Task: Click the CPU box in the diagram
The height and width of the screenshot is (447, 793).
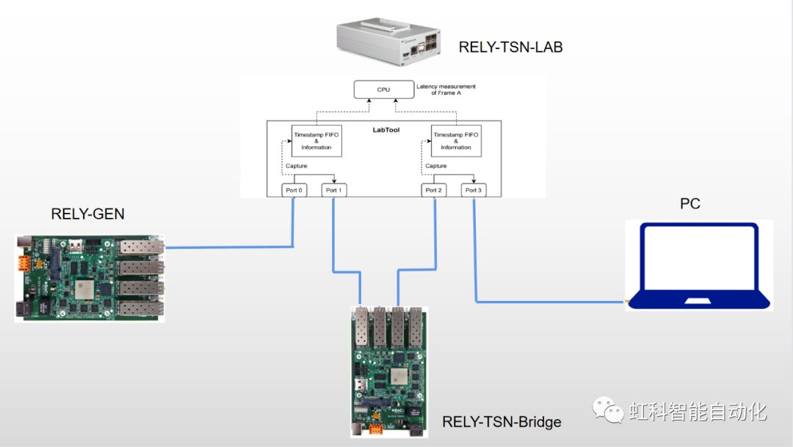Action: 384,90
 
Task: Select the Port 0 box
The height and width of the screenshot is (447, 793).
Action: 294,190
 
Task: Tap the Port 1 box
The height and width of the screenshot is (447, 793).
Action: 333,190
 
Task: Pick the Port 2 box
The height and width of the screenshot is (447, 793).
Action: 435,190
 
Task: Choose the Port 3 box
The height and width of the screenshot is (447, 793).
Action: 474,190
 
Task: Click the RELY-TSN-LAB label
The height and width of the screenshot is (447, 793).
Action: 510,48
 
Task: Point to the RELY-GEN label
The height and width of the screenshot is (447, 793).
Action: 87,214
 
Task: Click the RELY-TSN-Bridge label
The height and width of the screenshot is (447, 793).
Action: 501,422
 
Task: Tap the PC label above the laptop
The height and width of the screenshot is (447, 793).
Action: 689,203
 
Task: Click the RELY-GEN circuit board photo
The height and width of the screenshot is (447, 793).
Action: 89,277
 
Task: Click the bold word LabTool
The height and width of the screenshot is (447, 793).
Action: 385,130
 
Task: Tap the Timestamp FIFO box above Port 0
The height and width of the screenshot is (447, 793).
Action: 316,141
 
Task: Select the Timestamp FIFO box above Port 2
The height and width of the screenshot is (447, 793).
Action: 456,141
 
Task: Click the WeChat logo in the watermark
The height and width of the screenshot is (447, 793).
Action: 607,410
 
